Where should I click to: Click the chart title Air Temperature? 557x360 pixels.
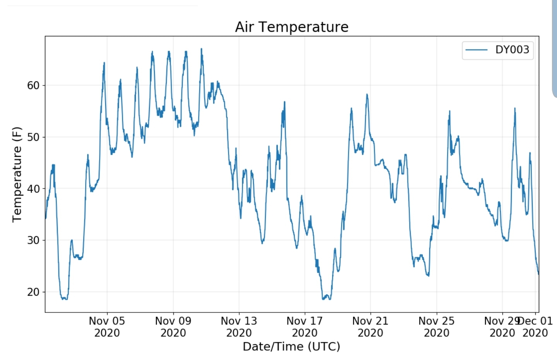click(291, 27)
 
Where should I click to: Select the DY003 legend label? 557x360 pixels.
click(512, 50)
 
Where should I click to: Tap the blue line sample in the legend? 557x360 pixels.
click(476, 50)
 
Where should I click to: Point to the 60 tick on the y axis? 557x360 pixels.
click(33, 86)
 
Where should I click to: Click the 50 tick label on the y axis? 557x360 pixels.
click(33, 137)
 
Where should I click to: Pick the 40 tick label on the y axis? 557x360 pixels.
click(33, 189)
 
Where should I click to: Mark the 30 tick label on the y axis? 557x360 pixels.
click(33, 240)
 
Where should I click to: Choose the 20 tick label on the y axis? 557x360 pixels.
click(33, 292)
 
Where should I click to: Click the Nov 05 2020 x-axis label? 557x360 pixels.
click(107, 327)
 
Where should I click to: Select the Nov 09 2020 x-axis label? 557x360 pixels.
click(173, 327)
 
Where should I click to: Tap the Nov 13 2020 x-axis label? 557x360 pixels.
click(239, 327)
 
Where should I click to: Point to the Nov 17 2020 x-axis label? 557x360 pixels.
click(305, 327)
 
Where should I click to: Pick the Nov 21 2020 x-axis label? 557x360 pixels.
click(370, 327)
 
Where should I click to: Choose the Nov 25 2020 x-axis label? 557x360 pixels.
click(437, 327)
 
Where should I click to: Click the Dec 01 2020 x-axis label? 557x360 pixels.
click(535, 327)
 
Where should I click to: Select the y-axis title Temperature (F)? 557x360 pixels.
click(17, 174)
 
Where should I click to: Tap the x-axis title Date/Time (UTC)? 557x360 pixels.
click(291, 346)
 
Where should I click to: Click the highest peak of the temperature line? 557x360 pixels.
click(201, 49)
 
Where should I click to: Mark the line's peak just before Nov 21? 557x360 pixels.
click(367, 94)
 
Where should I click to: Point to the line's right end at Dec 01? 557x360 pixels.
click(538, 274)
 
